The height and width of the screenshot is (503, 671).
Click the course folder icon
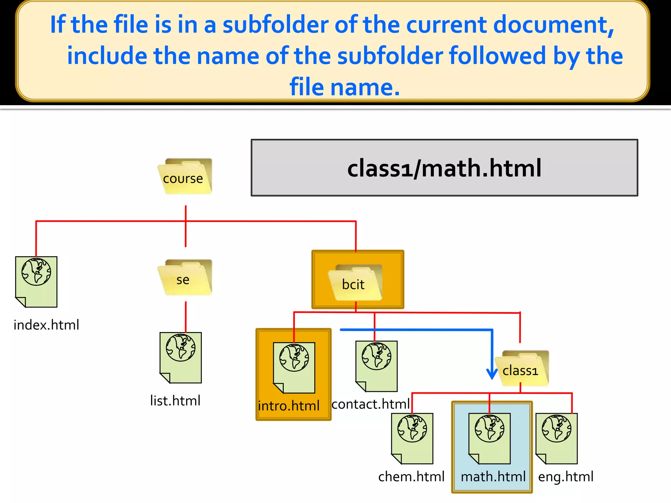tap(185, 177)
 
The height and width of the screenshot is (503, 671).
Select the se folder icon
tap(185, 278)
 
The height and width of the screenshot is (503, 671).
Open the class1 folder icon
tap(522, 368)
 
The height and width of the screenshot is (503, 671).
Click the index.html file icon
tap(36, 282)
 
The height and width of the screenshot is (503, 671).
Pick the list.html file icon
tap(181, 358)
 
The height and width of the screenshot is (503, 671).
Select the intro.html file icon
tap(294, 367)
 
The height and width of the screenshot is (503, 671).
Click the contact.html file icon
tap(377, 366)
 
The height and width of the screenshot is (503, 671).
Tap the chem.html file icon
tap(412, 438)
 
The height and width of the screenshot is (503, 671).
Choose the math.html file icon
tap(490, 438)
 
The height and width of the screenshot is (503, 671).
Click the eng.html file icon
tap(557, 438)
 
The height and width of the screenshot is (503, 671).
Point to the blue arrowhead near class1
tap(492, 373)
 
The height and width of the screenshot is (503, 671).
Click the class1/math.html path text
tap(444, 168)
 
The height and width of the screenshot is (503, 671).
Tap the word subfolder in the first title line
tap(276, 25)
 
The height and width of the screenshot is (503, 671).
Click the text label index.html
tap(46, 325)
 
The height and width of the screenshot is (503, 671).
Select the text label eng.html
tap(566, 477)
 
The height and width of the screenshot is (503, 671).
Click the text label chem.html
tap(411, 477)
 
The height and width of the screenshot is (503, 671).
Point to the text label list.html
tap(175, 401)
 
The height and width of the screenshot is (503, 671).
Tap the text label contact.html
tap(371, 404)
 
